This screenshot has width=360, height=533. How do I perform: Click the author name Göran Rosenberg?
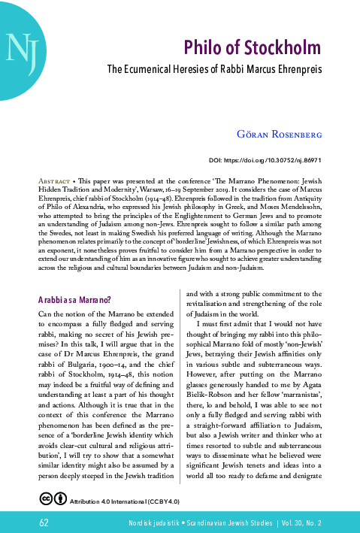[280, 135]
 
